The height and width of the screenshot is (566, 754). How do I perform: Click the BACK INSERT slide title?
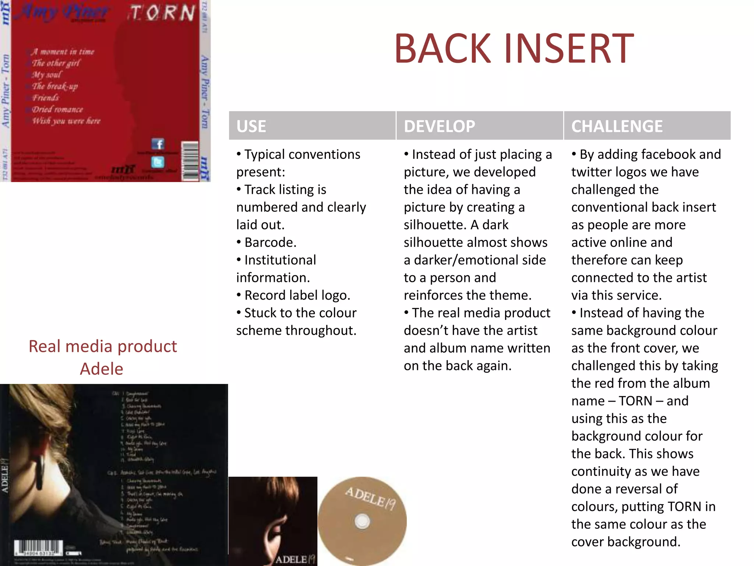pyautogui.click(x=514, y=49)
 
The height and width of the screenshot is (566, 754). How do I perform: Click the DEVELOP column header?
pyautogui.click(x=439, y=126)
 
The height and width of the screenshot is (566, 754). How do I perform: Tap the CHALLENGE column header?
pyautogui.click(x=617, y=126)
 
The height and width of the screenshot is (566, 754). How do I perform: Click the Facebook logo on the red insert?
pyautogui.click(x=158, y=144)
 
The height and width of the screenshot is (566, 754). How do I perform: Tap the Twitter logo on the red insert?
pyautogui.click(x=158, y=162)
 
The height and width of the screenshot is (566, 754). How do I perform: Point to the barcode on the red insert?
pyautogui.click(x=190, y=161)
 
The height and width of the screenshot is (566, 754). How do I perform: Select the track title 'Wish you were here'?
pyautogui.click(x=66, y=121)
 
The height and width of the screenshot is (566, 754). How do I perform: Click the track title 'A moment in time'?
pyautogui.click(x=63, y=52)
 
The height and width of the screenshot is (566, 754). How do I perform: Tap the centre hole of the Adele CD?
pyautogui.click(x=362, y=521)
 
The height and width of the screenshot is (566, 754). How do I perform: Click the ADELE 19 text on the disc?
pyautogui.click(x=370, y=498)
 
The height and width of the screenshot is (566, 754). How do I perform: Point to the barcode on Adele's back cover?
pyautogui.click(x=38, y=548)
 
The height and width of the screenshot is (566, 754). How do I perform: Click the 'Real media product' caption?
pyautogui.click(x=103, y=346)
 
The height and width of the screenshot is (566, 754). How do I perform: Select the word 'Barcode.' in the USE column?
pyautogui.click(x=270, y=242)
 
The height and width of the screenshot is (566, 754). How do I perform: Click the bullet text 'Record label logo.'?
pyautogui.click(x=297, y=295)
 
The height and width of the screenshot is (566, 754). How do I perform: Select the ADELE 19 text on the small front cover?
pyautogui.click(x=295, y=559)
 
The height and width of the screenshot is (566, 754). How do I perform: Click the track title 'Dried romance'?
pyautogui.click(x=57, y=109)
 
